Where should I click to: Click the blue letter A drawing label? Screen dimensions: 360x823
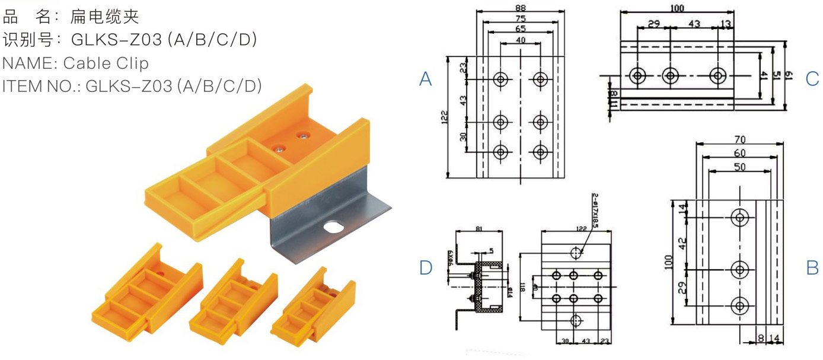click(x=425, y=79)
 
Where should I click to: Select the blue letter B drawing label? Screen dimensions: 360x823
click(x=812, y=267)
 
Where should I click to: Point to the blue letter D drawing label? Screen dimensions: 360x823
click(x=425, y=267)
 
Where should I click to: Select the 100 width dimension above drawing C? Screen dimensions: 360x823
click(x=678, y=8)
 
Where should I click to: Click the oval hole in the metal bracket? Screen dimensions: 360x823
click(x=336, y=226)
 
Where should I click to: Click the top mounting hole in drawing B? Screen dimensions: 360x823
click(x=739, y=217)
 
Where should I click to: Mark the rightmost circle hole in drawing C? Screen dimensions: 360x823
click(x=718, y=75)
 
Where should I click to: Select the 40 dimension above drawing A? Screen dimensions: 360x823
click(x=520, y=40)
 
